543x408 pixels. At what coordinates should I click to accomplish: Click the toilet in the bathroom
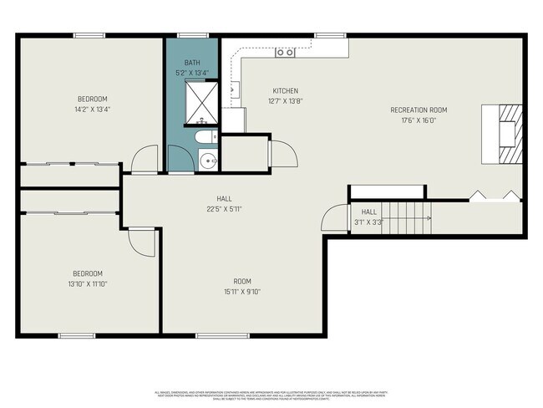(203, 136)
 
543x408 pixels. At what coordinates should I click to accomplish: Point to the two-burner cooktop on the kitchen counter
(285, 53)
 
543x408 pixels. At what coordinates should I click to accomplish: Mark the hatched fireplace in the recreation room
(510, 133)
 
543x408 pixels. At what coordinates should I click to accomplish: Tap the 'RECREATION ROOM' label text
(419, 110)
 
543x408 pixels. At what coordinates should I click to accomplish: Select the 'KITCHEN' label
(285, 91)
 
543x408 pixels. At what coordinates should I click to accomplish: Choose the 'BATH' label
(192, 63)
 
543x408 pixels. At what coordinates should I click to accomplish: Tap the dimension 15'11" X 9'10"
(242, 292)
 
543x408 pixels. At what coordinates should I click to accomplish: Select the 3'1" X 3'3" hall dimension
(368, 222)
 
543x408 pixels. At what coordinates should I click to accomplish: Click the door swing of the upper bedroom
(145, 157)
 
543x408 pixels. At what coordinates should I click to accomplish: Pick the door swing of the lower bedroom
(142, 242)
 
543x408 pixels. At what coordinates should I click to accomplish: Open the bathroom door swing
(180, 159)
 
